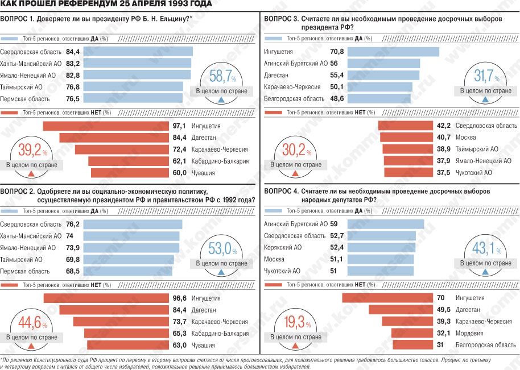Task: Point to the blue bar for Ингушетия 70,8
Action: coord(393,52)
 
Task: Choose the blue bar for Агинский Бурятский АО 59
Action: coord(386,224)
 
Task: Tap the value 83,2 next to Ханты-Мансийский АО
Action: coord(73,63)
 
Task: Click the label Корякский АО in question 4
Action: coord(283,247)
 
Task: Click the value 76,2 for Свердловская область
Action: coord(73,225)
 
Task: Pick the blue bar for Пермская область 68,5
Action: coord(128,271)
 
